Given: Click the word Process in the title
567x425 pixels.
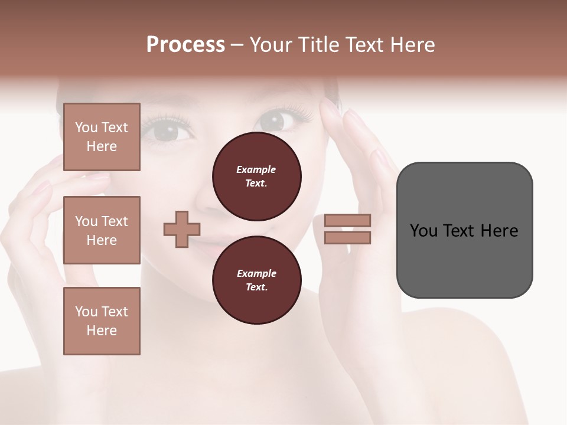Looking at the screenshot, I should (185, 45).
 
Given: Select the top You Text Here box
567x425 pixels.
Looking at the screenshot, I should (102, 137).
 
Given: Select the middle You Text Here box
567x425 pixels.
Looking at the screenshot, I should (102, 230).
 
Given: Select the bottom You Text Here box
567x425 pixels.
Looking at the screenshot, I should (102, 321).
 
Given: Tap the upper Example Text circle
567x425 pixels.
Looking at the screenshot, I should (256, 176).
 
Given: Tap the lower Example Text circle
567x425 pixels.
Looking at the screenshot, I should (256, 280).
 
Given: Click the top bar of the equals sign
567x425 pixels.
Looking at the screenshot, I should (347, 220).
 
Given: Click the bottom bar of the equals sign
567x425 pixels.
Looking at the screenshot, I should (347, 238).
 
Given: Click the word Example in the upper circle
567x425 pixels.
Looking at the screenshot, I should (256, 169).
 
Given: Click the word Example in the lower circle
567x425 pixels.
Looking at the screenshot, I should (256, 273).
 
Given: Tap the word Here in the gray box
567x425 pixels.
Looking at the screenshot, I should (499, 231).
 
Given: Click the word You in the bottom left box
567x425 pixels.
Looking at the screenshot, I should (86, 312).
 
